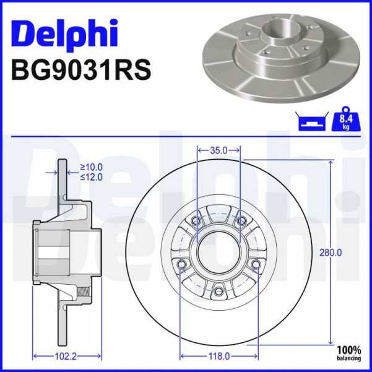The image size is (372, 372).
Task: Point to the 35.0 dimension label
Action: point(218,150)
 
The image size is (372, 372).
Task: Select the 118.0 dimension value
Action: point(218,356)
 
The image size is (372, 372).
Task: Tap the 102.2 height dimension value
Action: point(66,356)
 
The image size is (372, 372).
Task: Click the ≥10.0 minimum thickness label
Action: point(92,167)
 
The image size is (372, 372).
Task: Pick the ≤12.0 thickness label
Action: point(92,177)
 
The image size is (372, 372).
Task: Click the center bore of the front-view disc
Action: point(218,251)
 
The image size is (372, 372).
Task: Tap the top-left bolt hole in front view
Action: point(197,221)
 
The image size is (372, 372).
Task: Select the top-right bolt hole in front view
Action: point(241,221)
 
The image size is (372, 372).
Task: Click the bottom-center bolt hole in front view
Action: point(218,289)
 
